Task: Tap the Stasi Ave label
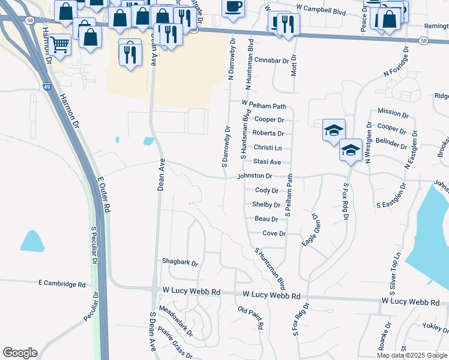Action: coord(267,162)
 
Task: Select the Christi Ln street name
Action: coord(267,148)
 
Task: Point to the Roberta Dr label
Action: coord(268,133)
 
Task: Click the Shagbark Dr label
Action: coord(179,262)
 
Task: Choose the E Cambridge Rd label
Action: coord(61,283)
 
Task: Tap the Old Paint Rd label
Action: coord(251,319)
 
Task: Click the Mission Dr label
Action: coord(393,113)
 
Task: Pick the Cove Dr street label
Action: coord(274,233)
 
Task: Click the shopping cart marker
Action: coord(59,43)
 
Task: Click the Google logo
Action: coord(20,353)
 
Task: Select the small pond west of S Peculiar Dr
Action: coord(32,241)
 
